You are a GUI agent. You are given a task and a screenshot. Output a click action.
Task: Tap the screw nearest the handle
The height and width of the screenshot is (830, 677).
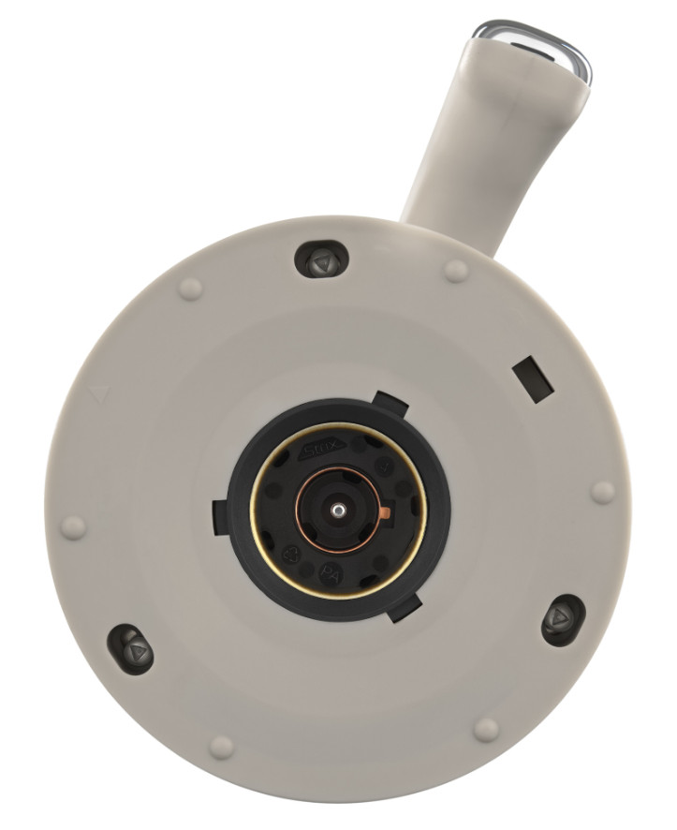(x=321, y=259)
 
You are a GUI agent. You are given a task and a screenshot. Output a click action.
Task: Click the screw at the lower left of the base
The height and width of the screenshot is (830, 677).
(x=131, y=648)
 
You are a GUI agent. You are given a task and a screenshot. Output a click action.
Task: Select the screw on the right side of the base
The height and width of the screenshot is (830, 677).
(x=563, y=619)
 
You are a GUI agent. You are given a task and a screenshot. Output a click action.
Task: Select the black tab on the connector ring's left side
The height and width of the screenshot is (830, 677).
(x=221, y=516)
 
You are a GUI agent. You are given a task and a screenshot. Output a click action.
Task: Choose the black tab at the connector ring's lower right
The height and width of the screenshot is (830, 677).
(x=403, y=611)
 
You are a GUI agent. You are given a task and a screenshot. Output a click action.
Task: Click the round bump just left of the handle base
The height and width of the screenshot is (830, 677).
(x=456, y=271)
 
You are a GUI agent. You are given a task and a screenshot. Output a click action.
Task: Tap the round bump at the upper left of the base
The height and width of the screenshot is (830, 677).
(x=190, y=289)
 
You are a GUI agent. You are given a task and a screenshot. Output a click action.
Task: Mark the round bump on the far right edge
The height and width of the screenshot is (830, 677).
(x=604, y=492)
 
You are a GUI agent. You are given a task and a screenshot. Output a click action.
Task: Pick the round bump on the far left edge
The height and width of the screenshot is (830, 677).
(x=74, y=527)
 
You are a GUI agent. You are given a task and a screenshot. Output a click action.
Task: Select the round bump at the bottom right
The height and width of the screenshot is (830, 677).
(x=485, y=729)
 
